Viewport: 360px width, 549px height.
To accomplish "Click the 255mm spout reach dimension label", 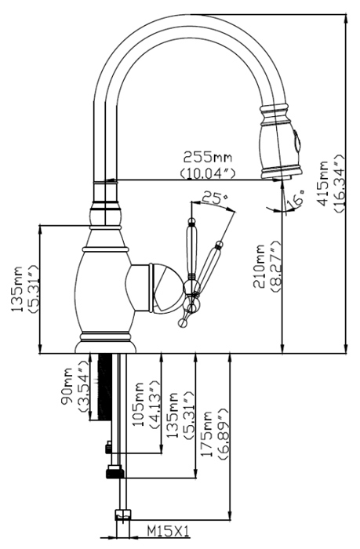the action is pyautogui.click(x=208, y=157).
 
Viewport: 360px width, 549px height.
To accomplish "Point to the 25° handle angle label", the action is pyautogui.click(x=216, y=198).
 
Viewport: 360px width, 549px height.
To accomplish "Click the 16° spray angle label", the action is pyautogui.click(x=295, y=198).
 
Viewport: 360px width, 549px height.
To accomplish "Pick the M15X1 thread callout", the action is pyautogui.click(x=168, y=532).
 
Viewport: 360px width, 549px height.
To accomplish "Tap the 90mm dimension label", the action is pyautogui.click(x=67, y=386).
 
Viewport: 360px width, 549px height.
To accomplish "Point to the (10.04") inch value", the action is pyautogui.click(x=208, y=173).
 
